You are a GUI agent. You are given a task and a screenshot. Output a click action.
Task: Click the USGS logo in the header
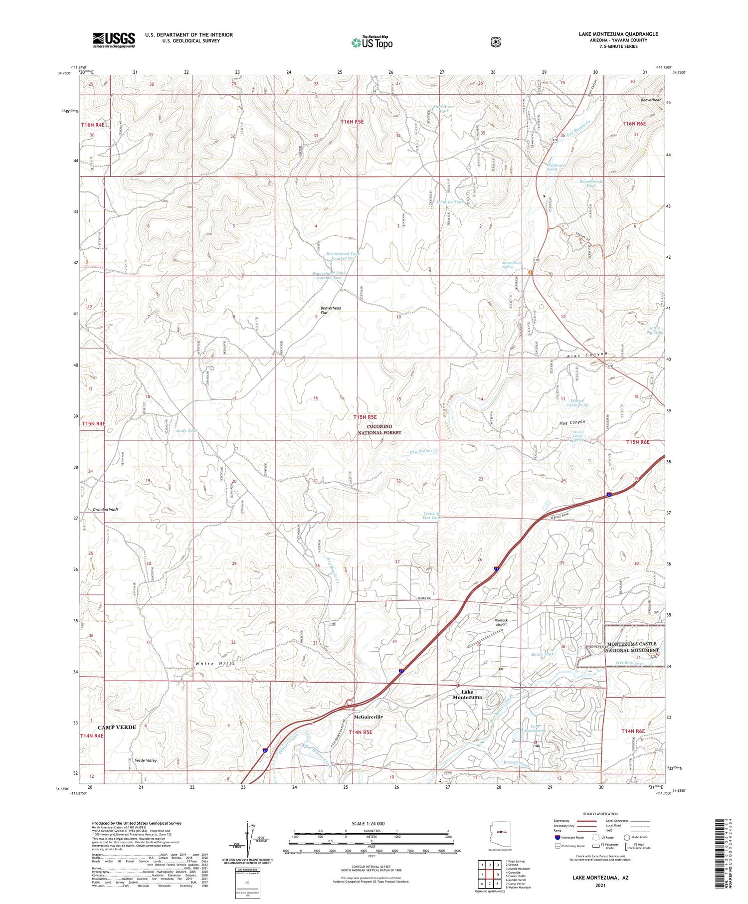(x=113, y=40)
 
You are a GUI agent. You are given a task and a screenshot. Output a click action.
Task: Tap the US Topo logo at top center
(x=372, y=42)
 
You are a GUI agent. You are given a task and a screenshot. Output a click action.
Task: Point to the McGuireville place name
(x=368, y=717)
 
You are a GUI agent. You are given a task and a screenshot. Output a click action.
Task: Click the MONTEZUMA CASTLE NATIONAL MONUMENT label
(x=632, y=647)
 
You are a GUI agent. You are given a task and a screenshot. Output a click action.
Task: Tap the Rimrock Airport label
(x=501, y=622)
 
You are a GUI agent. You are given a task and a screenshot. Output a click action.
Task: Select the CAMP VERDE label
(x=117, y=727)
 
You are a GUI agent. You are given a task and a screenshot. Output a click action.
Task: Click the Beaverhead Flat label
(x=331, y=310)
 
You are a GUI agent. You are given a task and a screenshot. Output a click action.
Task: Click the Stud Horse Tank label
(x=444, y=109)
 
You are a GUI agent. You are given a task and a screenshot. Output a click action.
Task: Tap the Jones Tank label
(x=186, y=430)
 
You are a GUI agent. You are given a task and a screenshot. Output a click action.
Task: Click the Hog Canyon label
(x=572, y=422)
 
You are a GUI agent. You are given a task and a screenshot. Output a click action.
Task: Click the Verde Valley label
(x=146, y=760)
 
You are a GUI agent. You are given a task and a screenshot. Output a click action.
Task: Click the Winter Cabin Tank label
(x=577, y=402)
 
